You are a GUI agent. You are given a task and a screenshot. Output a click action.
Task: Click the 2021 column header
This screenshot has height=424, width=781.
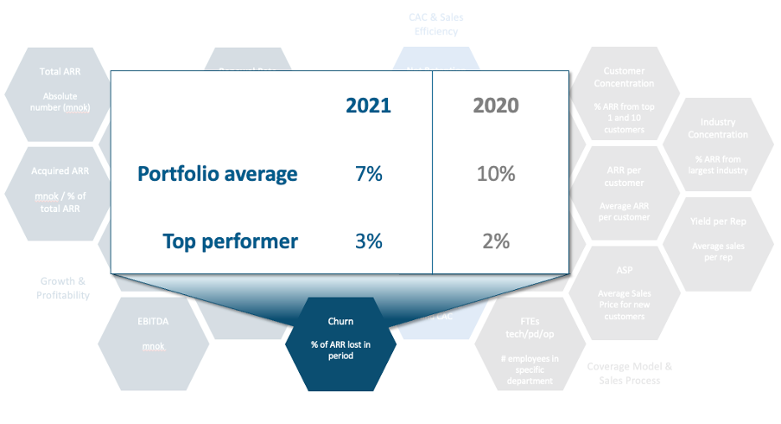[x=368, y=106]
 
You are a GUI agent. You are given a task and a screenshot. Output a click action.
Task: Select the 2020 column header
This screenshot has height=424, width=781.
[x=496, y=106]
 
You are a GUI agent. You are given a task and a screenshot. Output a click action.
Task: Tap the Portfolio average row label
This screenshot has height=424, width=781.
[x=217, y=174]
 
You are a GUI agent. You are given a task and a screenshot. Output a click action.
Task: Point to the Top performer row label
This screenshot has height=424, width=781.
[x=230, y=241]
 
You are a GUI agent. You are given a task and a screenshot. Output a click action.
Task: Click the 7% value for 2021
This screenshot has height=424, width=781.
[x=368, y=174]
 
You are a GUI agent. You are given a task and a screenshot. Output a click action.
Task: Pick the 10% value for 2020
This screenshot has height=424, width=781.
[x=496, y=174]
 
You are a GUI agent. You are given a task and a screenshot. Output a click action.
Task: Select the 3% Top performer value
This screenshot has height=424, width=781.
[x=368, y=241]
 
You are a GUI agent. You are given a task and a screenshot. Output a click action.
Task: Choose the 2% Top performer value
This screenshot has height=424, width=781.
[x=496, y=241]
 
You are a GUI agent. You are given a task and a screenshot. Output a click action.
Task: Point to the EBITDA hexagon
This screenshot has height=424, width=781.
[x=153, y=334]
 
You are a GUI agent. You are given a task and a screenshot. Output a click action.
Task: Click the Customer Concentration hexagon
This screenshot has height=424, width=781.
[x=624, y=95]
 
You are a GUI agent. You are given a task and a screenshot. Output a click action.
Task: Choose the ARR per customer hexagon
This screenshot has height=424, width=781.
[x=624, y=195]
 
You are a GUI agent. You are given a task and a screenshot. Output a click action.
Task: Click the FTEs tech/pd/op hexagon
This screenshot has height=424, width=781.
[x=529, y=342]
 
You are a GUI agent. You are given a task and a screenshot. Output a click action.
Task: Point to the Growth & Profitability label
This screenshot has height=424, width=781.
[x=62, y=288]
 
